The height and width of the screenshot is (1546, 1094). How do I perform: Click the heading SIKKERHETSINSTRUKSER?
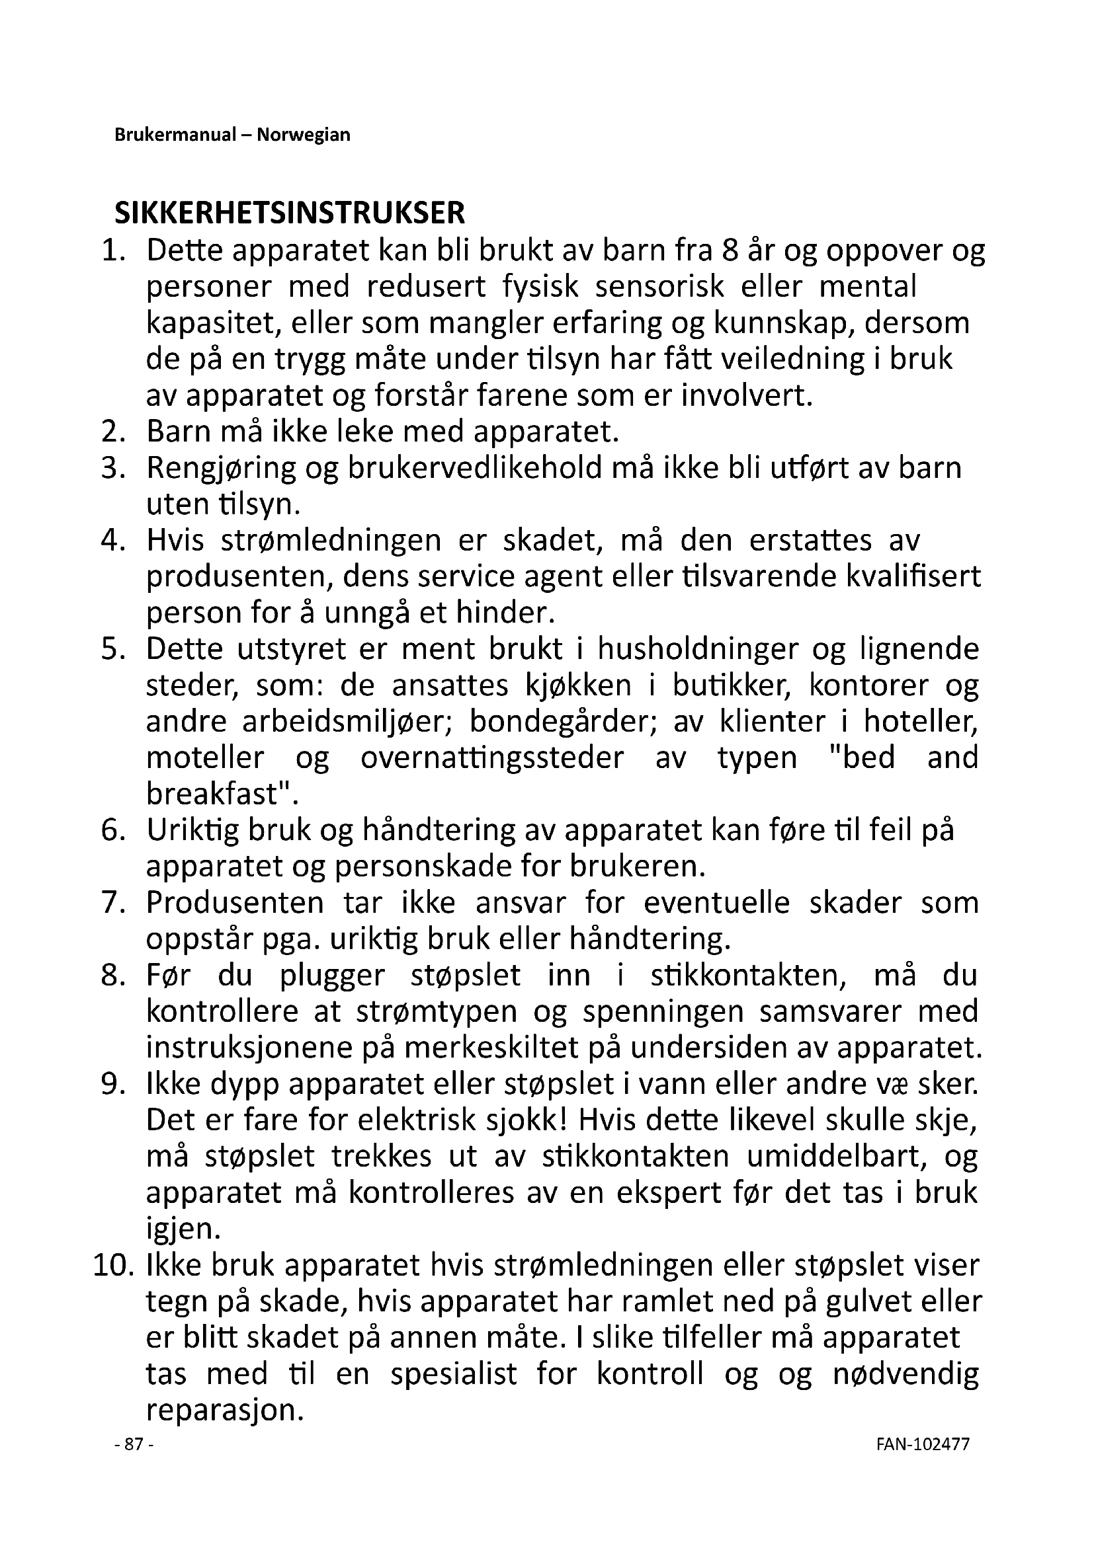[290, 213]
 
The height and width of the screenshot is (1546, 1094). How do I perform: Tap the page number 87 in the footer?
[134, 1444]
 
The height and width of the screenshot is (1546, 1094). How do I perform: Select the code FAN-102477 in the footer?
[923, 1444]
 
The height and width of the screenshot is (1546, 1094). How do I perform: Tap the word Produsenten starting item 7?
[235, 903]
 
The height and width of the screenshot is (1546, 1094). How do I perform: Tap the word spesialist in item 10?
[453, 1373]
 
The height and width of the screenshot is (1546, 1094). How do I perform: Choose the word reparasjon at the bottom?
[221, 1410]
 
